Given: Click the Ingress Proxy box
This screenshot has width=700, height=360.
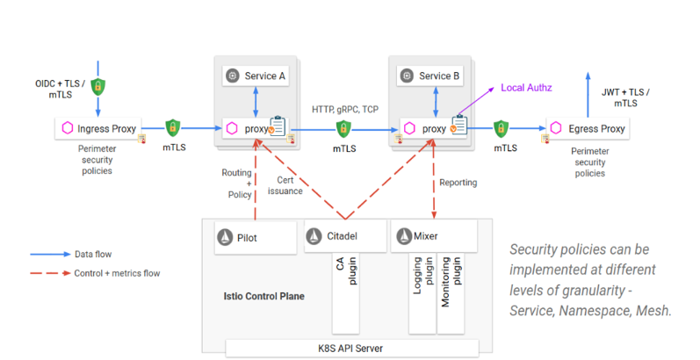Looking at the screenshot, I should [98, 129].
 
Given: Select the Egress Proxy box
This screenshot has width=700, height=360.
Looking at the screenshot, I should [588, 129].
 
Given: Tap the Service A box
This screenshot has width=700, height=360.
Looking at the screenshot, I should [256, 76].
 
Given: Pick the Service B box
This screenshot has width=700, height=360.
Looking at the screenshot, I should [430, 76].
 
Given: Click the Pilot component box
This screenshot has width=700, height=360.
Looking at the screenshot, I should [256, 236].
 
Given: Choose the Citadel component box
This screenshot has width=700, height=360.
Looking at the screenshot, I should [344, 236].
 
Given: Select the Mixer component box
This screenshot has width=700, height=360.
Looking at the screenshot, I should [433, 236].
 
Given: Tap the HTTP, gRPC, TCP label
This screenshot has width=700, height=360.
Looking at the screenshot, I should [345, 109].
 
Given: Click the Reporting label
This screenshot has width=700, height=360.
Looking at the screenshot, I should [458, 183].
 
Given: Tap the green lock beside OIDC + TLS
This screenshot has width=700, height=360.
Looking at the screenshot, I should [98, 87].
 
